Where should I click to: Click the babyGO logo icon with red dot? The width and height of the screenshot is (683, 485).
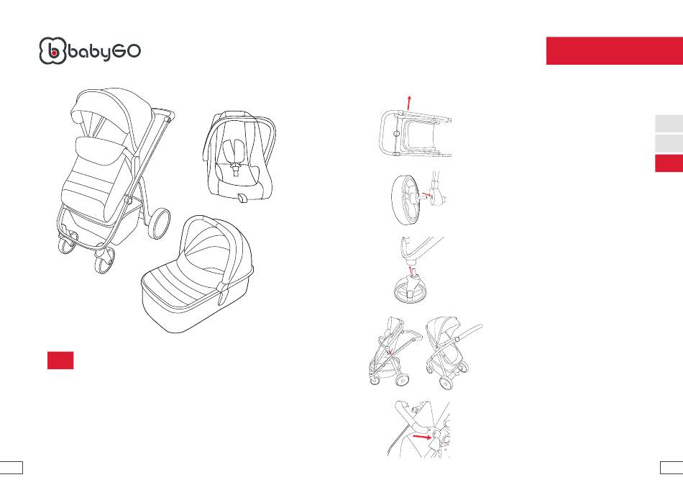(x=52, y=51)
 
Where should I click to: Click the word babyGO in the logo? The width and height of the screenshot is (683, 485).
(x=104, y=52)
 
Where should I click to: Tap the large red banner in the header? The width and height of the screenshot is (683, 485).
(x=614, y=50)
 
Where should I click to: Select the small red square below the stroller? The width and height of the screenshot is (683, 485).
(x=60, y=361)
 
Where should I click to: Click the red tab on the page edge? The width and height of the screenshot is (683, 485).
(x=669, y=163)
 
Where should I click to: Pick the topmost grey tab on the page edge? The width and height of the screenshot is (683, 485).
(x=669, y=124)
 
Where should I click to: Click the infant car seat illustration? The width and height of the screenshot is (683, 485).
(x=239, y=157)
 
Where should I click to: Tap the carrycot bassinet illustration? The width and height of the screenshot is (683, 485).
(x=197, y=275)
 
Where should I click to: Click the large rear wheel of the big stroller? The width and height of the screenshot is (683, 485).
(x=159, y=223)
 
